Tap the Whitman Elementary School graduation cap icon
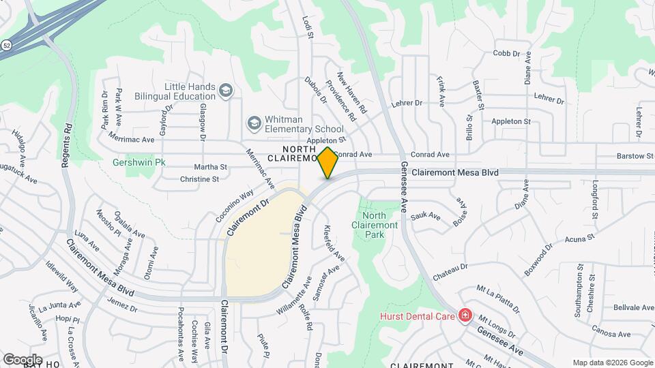[x=254, y=123]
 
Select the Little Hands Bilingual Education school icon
[x=226, y=90]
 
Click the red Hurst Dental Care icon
[x=465, y=316]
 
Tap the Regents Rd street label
[x=66, y=146]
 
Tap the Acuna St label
[x=581, y=239]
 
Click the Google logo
[x=23, y=359]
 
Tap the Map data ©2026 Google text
[x=612, y=363]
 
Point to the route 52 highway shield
[x=5, y=45]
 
